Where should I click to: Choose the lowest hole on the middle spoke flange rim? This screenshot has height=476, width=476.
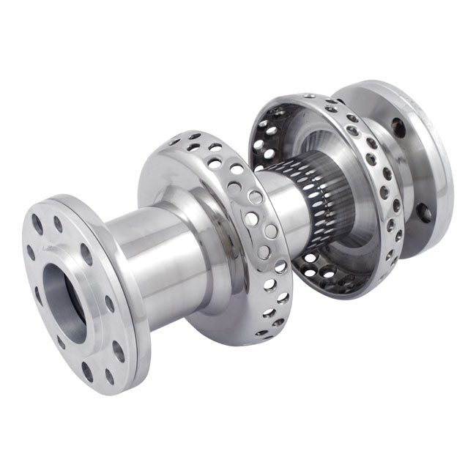[x=261, y=331]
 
